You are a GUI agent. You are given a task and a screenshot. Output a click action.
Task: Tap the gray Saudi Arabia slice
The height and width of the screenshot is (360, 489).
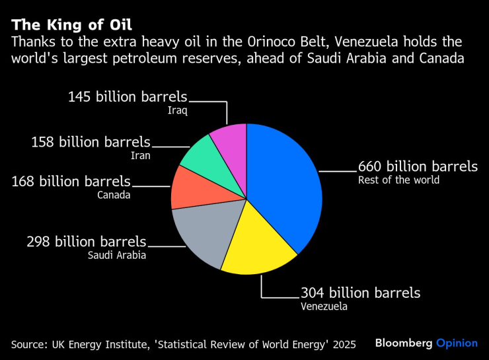point(202,234)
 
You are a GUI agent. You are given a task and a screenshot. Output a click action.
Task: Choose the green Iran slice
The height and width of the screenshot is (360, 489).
point(202,155)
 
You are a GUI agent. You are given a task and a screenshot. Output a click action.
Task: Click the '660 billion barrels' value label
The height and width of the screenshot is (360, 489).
point(418,166)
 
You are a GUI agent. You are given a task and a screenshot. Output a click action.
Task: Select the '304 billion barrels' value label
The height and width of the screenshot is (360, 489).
point(360,293)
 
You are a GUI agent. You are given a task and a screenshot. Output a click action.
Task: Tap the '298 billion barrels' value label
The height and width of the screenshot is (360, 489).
point(86,242)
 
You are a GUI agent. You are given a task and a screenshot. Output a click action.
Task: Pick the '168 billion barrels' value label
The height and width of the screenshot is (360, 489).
point(71,181)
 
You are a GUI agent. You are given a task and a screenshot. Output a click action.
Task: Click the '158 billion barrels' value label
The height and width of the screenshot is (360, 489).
point(91,142)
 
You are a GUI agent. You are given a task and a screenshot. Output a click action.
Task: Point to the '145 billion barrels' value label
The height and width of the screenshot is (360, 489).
point(128,97)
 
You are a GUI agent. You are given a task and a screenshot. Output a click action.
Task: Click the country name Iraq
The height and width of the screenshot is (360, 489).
point(176,111)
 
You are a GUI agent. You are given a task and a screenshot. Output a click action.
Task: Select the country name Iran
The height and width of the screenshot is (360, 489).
point(139,156)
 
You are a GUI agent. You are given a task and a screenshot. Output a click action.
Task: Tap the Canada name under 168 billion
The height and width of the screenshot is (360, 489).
point(114,195)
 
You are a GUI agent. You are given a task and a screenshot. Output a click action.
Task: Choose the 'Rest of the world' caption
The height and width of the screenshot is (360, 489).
point(398,180)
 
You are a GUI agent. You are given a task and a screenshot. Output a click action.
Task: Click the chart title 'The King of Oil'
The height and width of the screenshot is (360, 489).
point(71,26)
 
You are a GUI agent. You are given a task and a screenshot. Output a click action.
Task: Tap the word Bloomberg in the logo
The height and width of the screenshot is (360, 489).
point(403,343)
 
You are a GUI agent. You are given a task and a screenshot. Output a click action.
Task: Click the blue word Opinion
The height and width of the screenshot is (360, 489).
point(457,343)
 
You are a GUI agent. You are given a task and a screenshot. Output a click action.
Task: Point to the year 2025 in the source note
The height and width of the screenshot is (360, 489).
point(343,344)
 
